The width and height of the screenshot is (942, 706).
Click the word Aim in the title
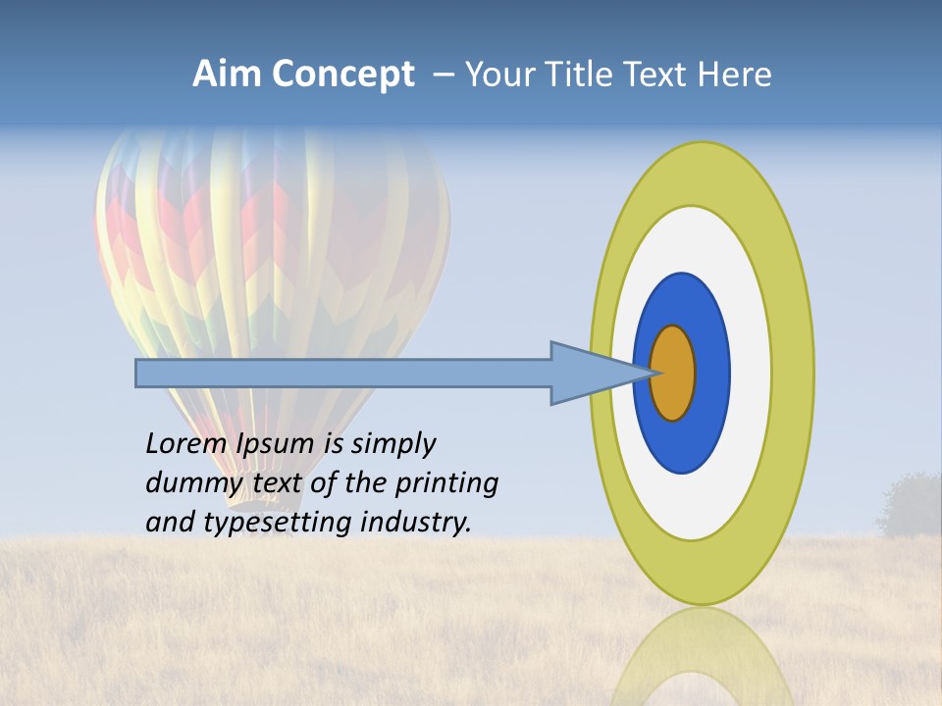click(x=226, y=75)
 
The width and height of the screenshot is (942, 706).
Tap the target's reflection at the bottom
click(x=702, y=657)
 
